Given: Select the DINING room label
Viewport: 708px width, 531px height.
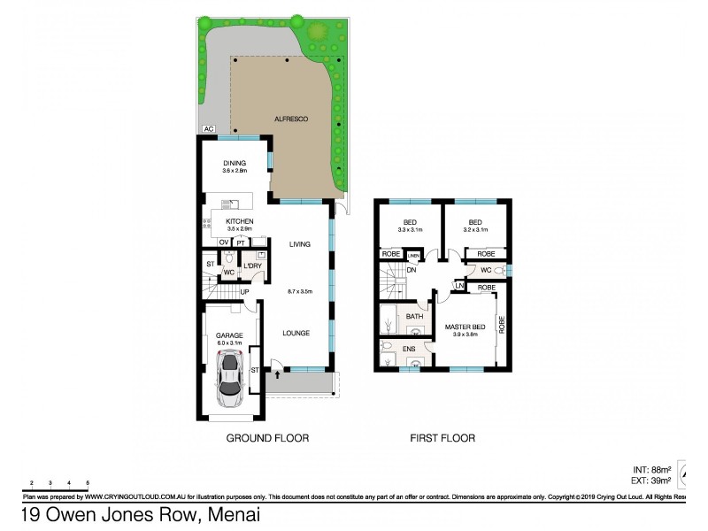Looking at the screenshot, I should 234,163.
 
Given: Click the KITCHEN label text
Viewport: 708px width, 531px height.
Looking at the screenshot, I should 240,220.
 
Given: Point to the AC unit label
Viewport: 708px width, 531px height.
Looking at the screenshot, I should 209,129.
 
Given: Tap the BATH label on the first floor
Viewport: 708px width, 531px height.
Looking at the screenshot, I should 414,316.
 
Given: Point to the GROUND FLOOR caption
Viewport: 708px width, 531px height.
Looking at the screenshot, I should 267,438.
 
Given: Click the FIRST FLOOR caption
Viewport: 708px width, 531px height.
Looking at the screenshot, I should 442,438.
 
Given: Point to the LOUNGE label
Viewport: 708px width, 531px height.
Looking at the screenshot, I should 296,334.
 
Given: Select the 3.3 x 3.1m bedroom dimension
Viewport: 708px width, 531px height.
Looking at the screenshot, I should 410,230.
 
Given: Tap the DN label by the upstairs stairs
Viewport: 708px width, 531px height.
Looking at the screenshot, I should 412,271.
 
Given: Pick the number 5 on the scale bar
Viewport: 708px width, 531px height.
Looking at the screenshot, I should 88,482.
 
